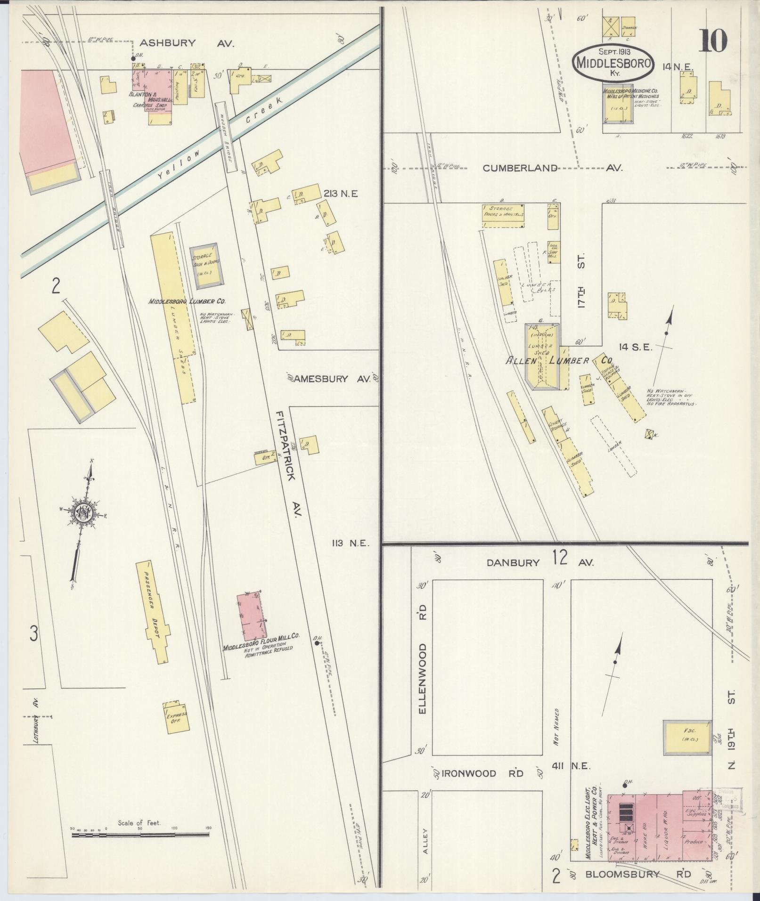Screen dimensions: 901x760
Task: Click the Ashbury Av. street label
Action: point(187,43)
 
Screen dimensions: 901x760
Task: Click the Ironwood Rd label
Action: point(480,773)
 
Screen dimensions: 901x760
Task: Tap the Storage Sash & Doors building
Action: point(206,265)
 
